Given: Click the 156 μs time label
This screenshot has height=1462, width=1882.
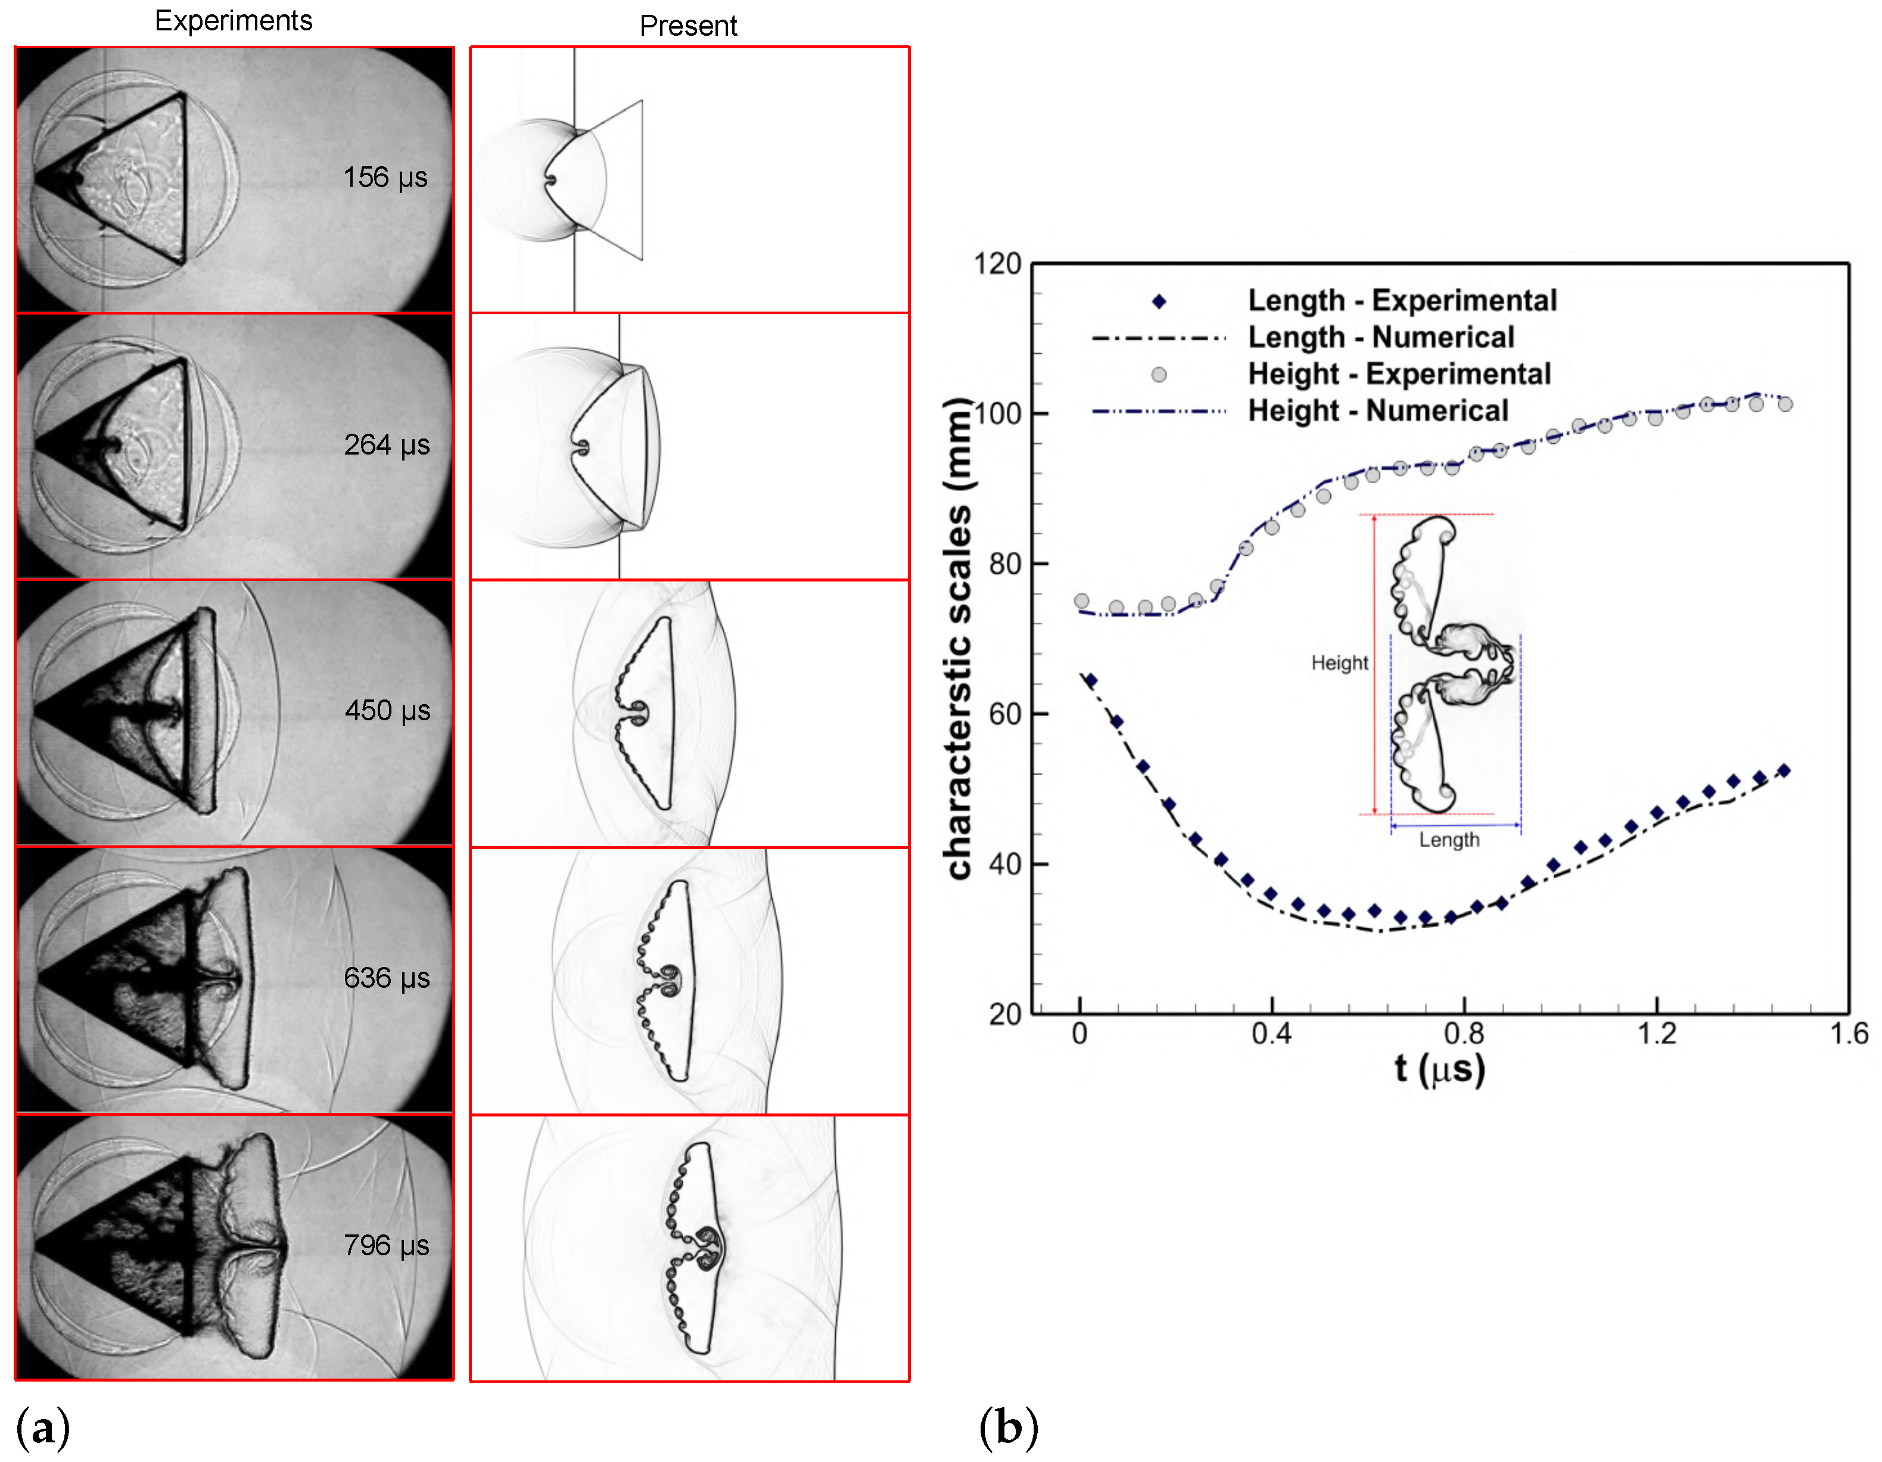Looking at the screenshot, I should click(385, 178).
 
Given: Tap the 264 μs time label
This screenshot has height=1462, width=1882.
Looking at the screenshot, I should click(386, 444).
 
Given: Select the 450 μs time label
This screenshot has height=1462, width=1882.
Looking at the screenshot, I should click(387, 711).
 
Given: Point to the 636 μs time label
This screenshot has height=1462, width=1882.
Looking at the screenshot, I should click(386, 978).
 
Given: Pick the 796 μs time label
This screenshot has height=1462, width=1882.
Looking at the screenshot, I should click(386, 1245).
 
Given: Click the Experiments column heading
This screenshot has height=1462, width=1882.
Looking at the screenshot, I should click(234, 21).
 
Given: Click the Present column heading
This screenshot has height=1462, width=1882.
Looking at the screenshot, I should click(688, 26).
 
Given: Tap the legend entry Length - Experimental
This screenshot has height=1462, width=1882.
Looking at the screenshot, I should click(1402, 301).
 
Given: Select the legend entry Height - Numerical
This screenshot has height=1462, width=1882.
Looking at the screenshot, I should click(1378, 411).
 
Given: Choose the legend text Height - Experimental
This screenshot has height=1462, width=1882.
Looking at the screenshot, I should click(1399, 374).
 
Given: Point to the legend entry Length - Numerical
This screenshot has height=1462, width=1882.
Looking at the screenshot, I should click(1380, 337).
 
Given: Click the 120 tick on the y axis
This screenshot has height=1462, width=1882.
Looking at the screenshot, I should click(997, 264).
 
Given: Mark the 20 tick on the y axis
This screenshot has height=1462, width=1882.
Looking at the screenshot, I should click(1005, 1014).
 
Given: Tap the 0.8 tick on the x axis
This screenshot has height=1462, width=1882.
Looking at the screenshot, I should click(1464, 1033).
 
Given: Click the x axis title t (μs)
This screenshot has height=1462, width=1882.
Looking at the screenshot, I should click(1440, 1069).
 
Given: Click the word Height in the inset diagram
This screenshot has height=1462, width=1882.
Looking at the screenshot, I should click(1339, 662).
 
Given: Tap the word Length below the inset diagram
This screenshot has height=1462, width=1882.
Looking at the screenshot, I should click(1449, 840).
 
